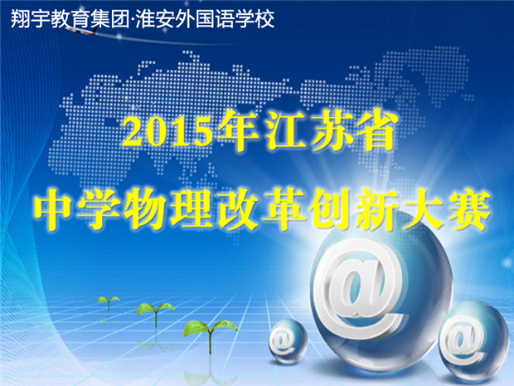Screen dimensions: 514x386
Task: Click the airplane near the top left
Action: [x=83, y=30]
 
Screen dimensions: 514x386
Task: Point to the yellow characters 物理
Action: [x=168, y=209]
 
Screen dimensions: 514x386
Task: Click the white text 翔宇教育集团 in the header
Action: [x=69, y=19]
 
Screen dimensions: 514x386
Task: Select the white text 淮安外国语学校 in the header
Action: [x=205, y=19]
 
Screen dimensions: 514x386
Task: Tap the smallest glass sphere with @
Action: [x=288, y=341]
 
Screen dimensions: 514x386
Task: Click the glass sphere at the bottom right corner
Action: [x=469, y=338]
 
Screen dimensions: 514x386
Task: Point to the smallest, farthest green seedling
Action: [x=109, y=301]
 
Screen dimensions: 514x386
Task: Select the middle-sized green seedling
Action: [x=156, y=312]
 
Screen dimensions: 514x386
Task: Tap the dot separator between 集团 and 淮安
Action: [x=132, y=20]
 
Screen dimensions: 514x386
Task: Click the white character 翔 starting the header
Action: [x=20, y=19]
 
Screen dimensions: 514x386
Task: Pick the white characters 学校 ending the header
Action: [x=255, y=19]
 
